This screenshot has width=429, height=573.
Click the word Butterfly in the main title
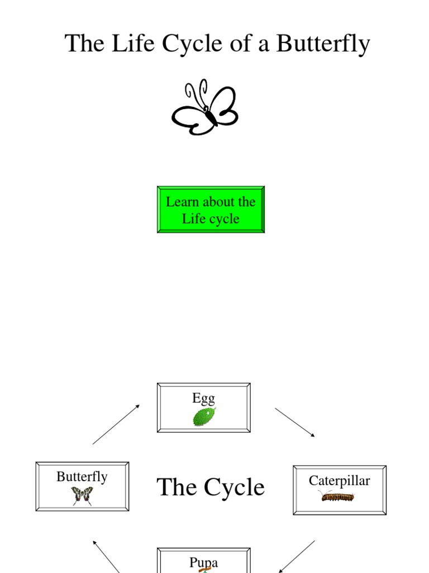point(323,44)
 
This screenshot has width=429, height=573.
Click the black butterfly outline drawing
point(205,109)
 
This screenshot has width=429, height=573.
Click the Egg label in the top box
point(203,398)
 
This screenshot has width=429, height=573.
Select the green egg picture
point(204,417)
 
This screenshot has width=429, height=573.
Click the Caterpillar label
point(339,481)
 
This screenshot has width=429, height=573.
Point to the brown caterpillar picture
point(338,496)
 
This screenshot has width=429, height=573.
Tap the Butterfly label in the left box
point(82,477)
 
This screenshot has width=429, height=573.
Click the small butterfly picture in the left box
point(82,495)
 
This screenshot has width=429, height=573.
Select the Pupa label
point(203,562)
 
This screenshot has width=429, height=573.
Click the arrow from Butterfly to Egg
point(116,424)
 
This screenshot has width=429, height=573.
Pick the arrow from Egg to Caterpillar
point(295,422)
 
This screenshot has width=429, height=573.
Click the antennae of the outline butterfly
point(196,92)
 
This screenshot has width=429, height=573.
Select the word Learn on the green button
point(183,202)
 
